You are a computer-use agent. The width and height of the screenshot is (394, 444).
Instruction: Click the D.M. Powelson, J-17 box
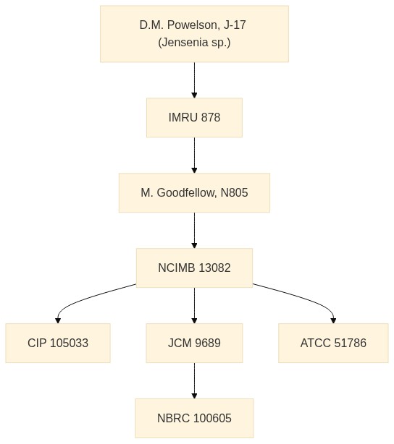coord(194,34)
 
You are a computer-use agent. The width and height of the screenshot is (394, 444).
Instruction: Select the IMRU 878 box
coord(194,118)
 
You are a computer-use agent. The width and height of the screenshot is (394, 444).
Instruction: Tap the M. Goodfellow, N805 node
coord(194,193)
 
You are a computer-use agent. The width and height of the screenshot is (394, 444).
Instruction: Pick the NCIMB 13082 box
coord(194,268)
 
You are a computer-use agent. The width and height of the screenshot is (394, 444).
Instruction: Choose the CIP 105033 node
coord(58,343)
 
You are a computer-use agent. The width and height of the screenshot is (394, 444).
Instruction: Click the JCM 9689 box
coord(194,343)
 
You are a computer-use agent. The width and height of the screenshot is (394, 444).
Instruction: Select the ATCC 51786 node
coord(333,343)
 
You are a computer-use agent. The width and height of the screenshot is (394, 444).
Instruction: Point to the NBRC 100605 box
coord(194,418)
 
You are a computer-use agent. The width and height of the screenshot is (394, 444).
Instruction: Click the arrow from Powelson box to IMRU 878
coord(194,80)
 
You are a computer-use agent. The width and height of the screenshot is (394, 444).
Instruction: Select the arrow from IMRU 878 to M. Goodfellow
coord(194,155)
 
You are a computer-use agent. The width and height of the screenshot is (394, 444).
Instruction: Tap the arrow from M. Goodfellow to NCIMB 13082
coord(194,230)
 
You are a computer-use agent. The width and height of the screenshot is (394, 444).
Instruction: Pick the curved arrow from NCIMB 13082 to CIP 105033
coord(85,297)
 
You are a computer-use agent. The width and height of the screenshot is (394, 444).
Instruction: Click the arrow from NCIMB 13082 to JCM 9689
coord(194,306)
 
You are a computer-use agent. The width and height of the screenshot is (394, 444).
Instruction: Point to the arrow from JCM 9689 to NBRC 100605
coord(194,380)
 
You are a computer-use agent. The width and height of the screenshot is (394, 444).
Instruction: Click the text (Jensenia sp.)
coord(194,43)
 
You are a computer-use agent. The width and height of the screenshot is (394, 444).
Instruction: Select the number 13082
coord(214,268)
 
